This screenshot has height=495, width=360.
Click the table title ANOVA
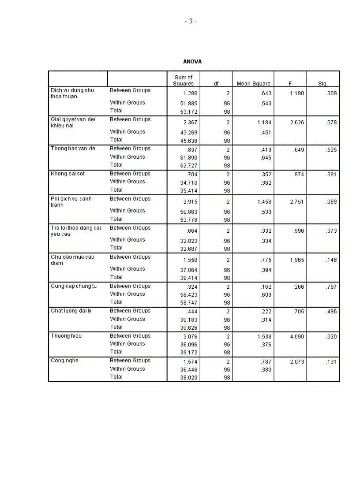[x=192, y=62]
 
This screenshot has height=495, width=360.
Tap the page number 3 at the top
[x=191, y=21]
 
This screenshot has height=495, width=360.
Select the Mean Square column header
[x=254, y=83]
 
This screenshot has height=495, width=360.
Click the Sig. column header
[x=323, y=83]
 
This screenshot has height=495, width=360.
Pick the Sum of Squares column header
[x=184, y=80]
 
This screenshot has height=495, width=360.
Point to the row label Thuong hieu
[x=66, y=336]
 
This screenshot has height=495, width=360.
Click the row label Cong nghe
[x=64, y=361]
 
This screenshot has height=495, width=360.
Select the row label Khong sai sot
[x=67, y=174]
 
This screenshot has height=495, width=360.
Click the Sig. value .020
[x=331, y=337]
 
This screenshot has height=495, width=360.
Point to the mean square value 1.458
[x=264, y=202]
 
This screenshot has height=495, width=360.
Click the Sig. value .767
[x=331, y=287]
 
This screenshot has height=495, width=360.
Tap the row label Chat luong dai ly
[x=71, y=311]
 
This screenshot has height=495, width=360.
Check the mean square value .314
[x=266, y=320]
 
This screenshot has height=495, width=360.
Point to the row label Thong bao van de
[x=73, y=149]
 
